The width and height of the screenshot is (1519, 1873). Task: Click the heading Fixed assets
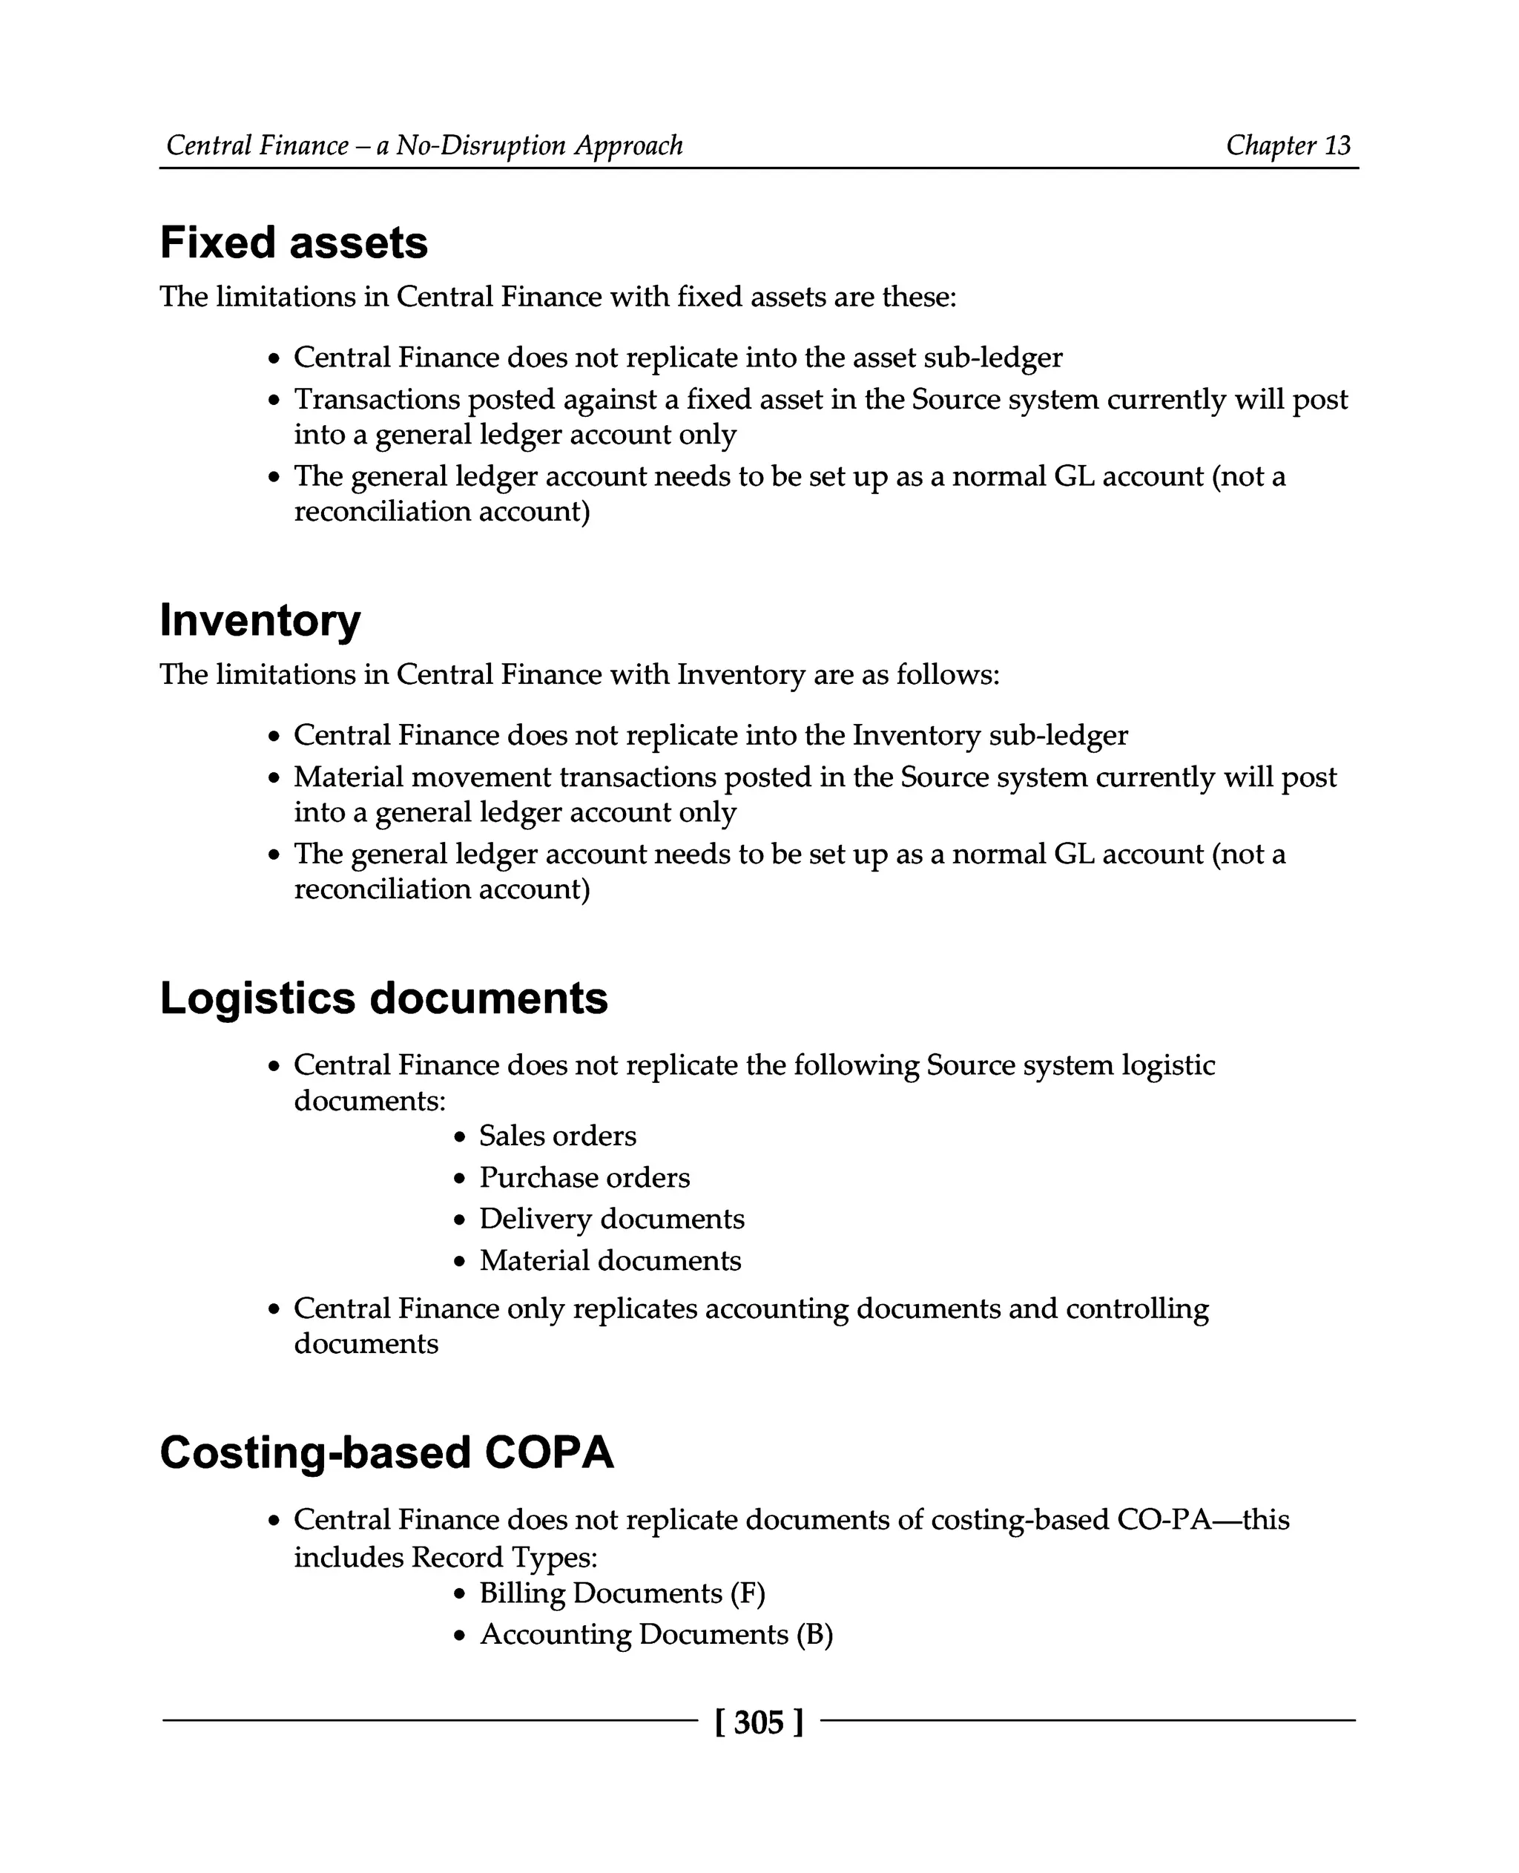click(293, 243)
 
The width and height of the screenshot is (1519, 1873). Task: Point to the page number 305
click(759, 1722)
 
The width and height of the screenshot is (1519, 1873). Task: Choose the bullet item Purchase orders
click(584, 1177)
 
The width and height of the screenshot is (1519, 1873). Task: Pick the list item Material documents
click(610, 1260)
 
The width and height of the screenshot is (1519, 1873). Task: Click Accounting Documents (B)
click(656, 1634)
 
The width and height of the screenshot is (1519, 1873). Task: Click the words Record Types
click(504, 1557)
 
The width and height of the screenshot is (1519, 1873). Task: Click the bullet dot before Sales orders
click(459, 1137)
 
